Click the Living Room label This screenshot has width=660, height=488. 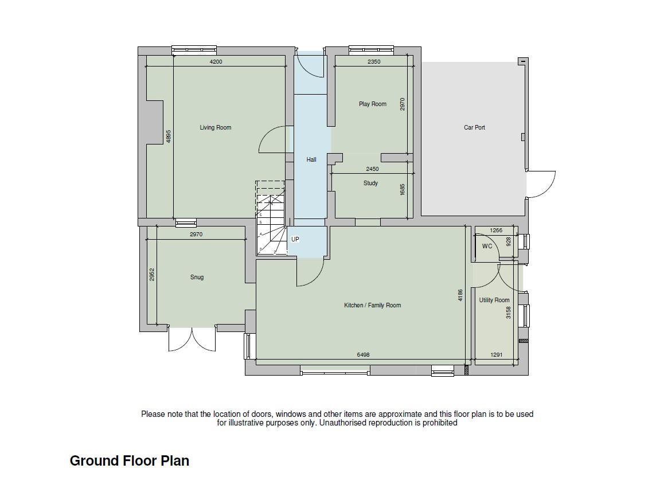215,127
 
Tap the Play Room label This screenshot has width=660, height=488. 373,104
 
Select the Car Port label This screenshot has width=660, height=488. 474,127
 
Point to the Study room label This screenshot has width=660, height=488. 370,183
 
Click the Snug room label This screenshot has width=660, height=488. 197,277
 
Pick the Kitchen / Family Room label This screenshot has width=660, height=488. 373,305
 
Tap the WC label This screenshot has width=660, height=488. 487,247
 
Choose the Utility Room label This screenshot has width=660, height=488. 494,300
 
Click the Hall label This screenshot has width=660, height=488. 311,159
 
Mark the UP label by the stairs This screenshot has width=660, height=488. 295,239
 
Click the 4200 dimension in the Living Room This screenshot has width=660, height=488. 216,62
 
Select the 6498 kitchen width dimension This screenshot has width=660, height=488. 363,355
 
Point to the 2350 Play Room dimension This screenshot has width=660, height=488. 374,62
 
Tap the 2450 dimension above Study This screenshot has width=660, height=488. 372,169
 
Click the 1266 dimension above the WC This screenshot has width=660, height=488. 496,231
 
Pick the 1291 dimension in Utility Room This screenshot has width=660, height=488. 496,355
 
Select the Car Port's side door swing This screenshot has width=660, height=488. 541,184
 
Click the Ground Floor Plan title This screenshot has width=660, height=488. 129,460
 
